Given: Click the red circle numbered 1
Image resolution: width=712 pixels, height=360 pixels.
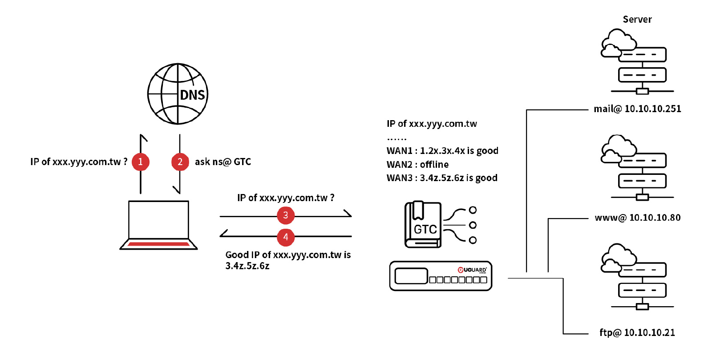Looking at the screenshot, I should [141, 162].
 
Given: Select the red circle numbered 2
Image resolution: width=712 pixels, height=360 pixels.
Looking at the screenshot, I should [180, 162].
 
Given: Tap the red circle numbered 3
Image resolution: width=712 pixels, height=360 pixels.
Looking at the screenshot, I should [286, 215].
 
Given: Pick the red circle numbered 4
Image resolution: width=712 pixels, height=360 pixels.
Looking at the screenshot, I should [286, 237].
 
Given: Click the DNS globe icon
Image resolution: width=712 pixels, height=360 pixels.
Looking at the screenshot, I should [178, 94].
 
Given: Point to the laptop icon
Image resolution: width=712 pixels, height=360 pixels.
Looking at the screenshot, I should [158, 225].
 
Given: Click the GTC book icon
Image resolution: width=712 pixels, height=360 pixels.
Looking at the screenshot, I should [423, 225].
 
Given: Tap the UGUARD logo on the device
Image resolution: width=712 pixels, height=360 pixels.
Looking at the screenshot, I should [472, 270].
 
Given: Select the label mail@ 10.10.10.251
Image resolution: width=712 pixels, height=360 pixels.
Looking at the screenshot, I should [637, 109].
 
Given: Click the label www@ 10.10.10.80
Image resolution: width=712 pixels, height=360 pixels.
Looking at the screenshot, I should [637, 218].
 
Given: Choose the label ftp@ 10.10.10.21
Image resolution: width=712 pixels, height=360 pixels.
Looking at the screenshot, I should [637, 332].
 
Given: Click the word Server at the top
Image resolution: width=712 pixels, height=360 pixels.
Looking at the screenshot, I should [637, 20].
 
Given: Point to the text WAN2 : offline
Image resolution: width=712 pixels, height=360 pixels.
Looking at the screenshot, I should [417, 165].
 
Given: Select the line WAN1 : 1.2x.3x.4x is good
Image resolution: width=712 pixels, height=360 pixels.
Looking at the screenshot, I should [442, 151].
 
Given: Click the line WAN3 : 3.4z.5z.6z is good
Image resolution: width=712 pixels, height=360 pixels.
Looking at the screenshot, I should [442, 178].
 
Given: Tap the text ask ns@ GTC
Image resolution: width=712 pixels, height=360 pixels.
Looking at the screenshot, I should [223, 162].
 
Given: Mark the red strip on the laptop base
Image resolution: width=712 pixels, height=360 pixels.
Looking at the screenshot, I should [158, 244].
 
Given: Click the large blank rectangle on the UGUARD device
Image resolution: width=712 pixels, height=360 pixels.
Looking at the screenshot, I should [411, 276].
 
